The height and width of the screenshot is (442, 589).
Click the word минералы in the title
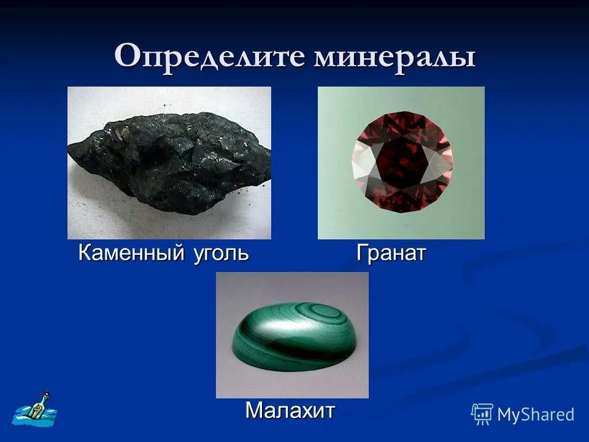coord(395,57)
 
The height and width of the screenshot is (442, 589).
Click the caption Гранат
coord(391,252)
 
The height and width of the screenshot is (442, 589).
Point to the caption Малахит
coord(290,409)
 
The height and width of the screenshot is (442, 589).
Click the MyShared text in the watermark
coord(536,414)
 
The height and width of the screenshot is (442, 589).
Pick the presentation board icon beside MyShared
coord(482,414)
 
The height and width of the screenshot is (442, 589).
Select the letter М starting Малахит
coord(254,409)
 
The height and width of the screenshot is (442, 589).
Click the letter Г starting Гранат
coord(363,252)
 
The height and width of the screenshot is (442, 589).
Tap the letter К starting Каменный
coord(85,252)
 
